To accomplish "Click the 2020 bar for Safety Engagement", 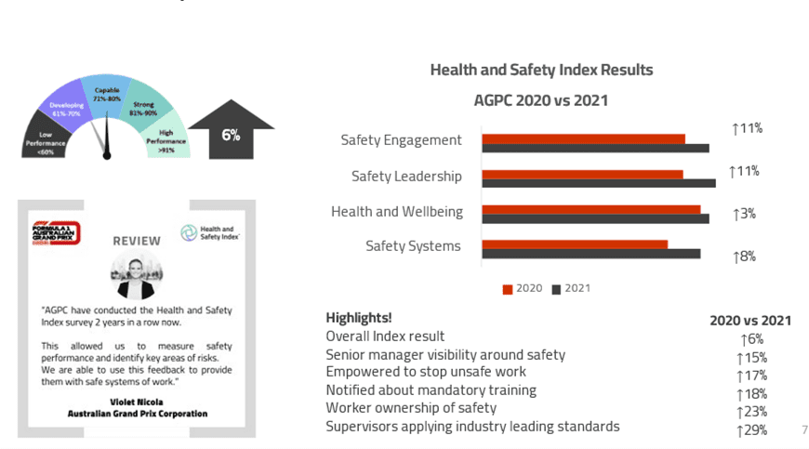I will point(583,139).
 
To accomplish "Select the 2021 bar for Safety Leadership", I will point(598,183).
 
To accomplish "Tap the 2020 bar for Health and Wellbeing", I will point(590,209).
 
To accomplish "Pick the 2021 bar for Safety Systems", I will point(590,253).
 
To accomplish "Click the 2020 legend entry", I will point(523,288).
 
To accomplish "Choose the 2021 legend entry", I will point(571,288).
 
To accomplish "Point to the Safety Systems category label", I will point(413,246).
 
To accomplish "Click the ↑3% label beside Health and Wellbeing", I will point(744,214).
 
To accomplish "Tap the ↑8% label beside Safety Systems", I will point(744,257).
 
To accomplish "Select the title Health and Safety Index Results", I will point(541,70).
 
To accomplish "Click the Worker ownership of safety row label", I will point(411,408).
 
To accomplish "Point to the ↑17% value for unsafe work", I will point(750,376).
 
